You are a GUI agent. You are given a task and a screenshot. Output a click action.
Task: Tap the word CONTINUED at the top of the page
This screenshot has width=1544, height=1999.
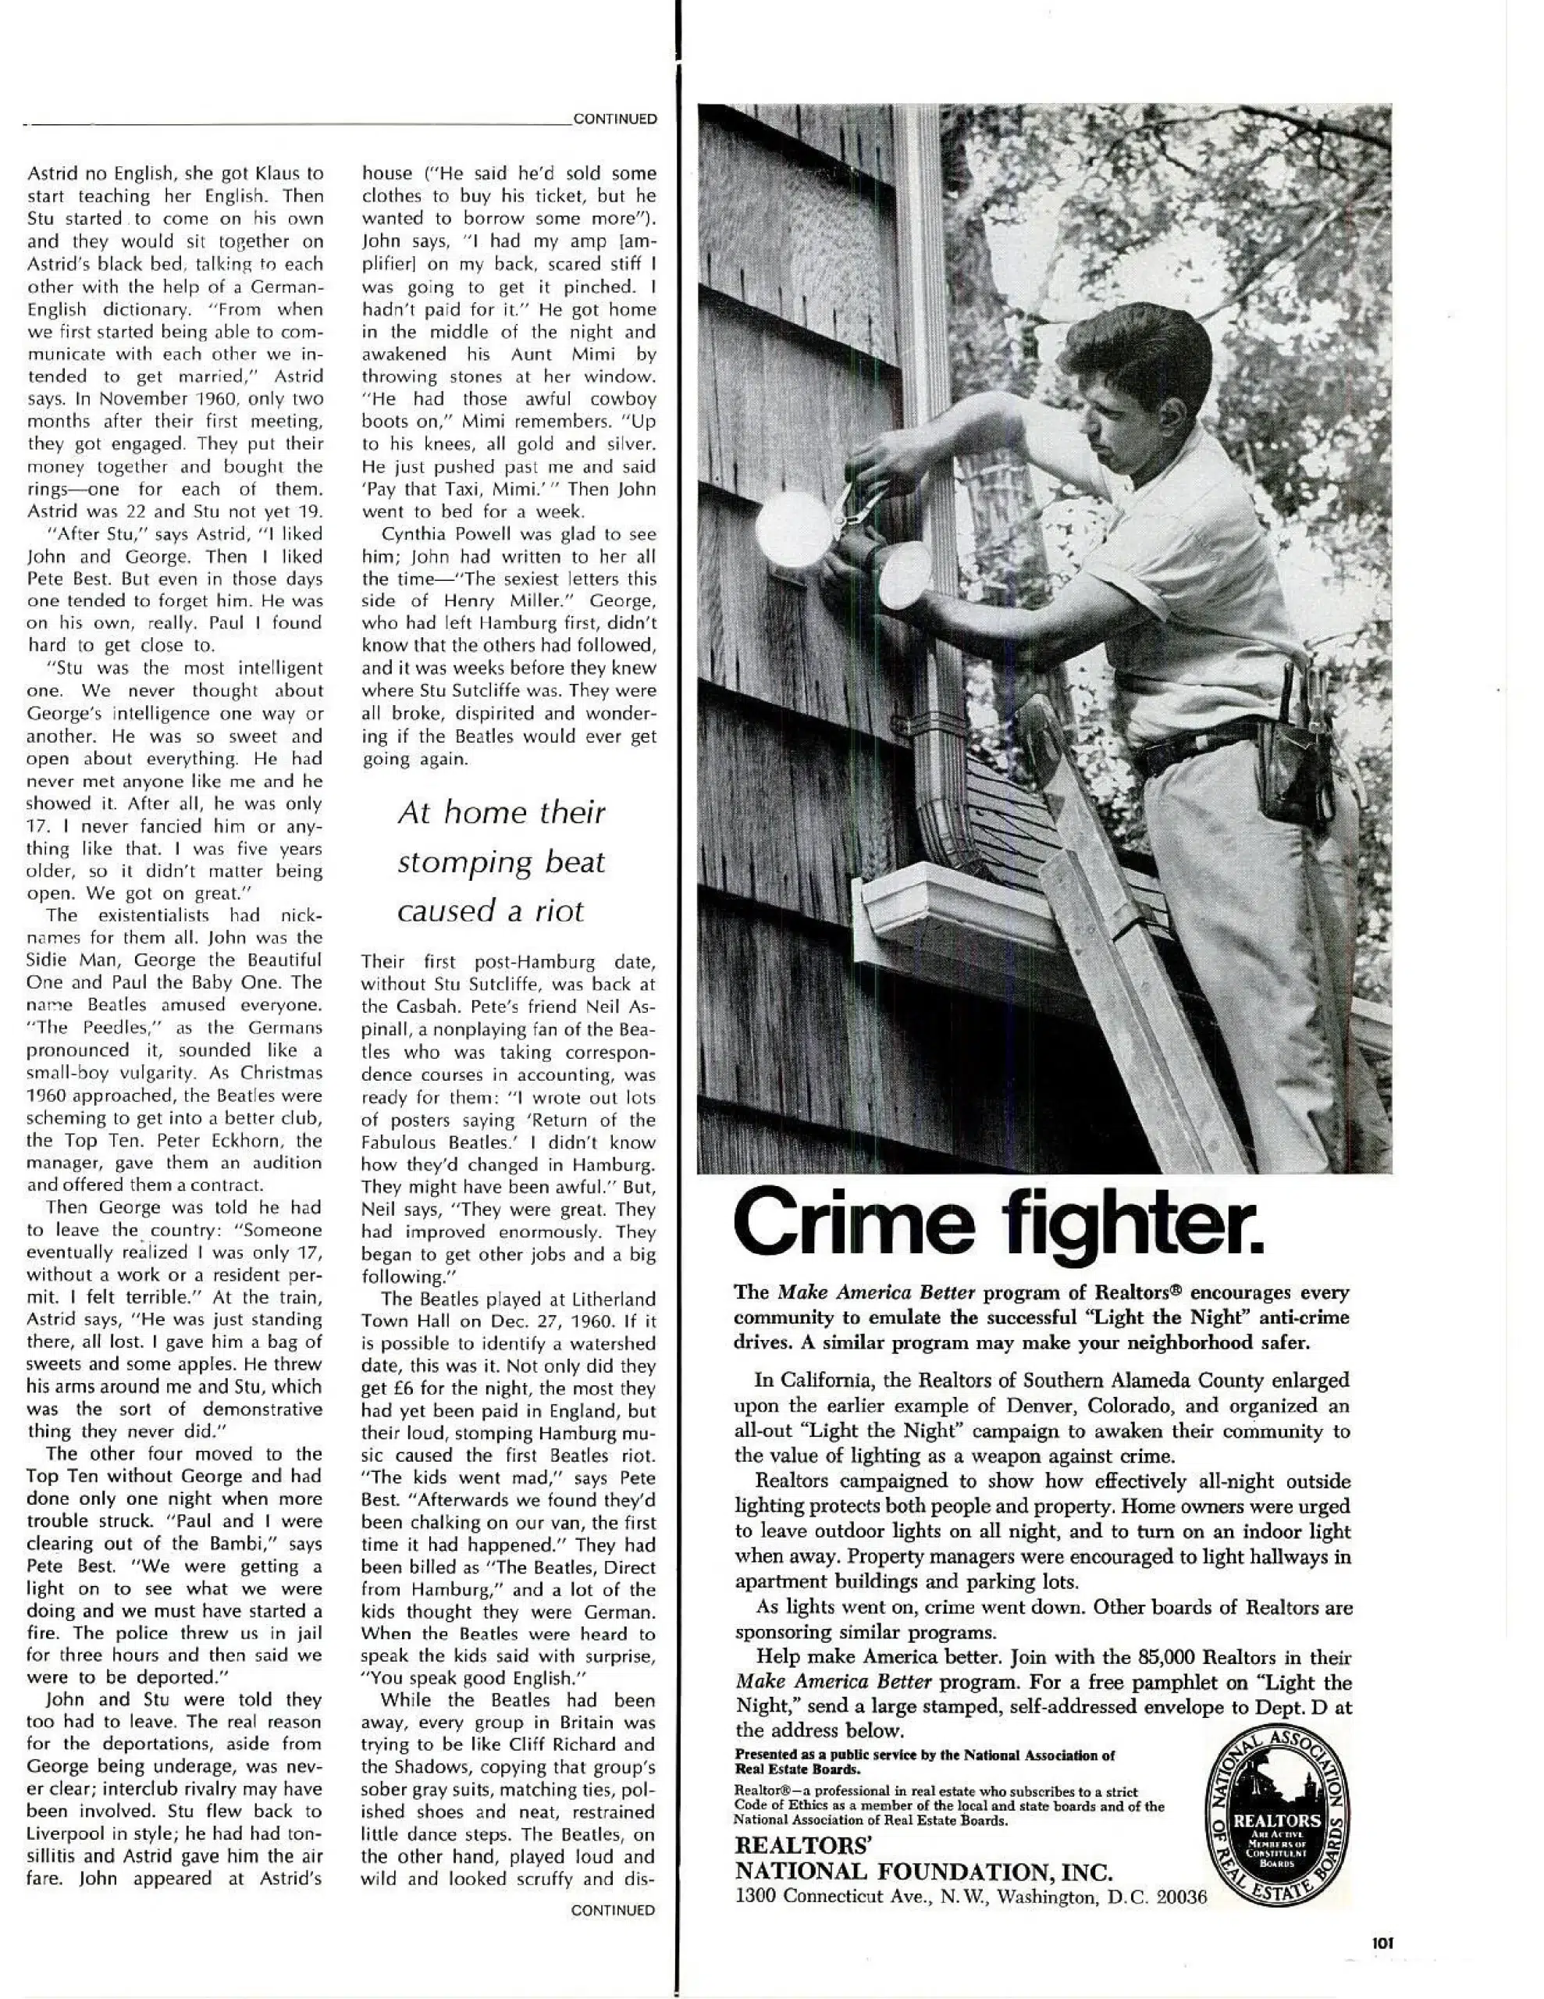[x=614, y=119]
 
